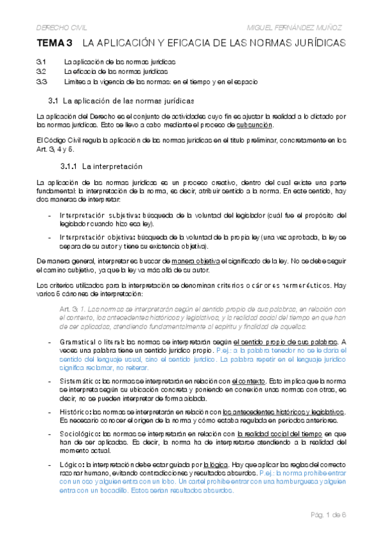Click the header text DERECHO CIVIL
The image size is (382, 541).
tap(60, 27)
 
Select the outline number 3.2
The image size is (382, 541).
tap(41, 71)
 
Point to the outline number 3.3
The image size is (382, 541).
tap(41, 82)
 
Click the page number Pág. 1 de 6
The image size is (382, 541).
tap(326, 513)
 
